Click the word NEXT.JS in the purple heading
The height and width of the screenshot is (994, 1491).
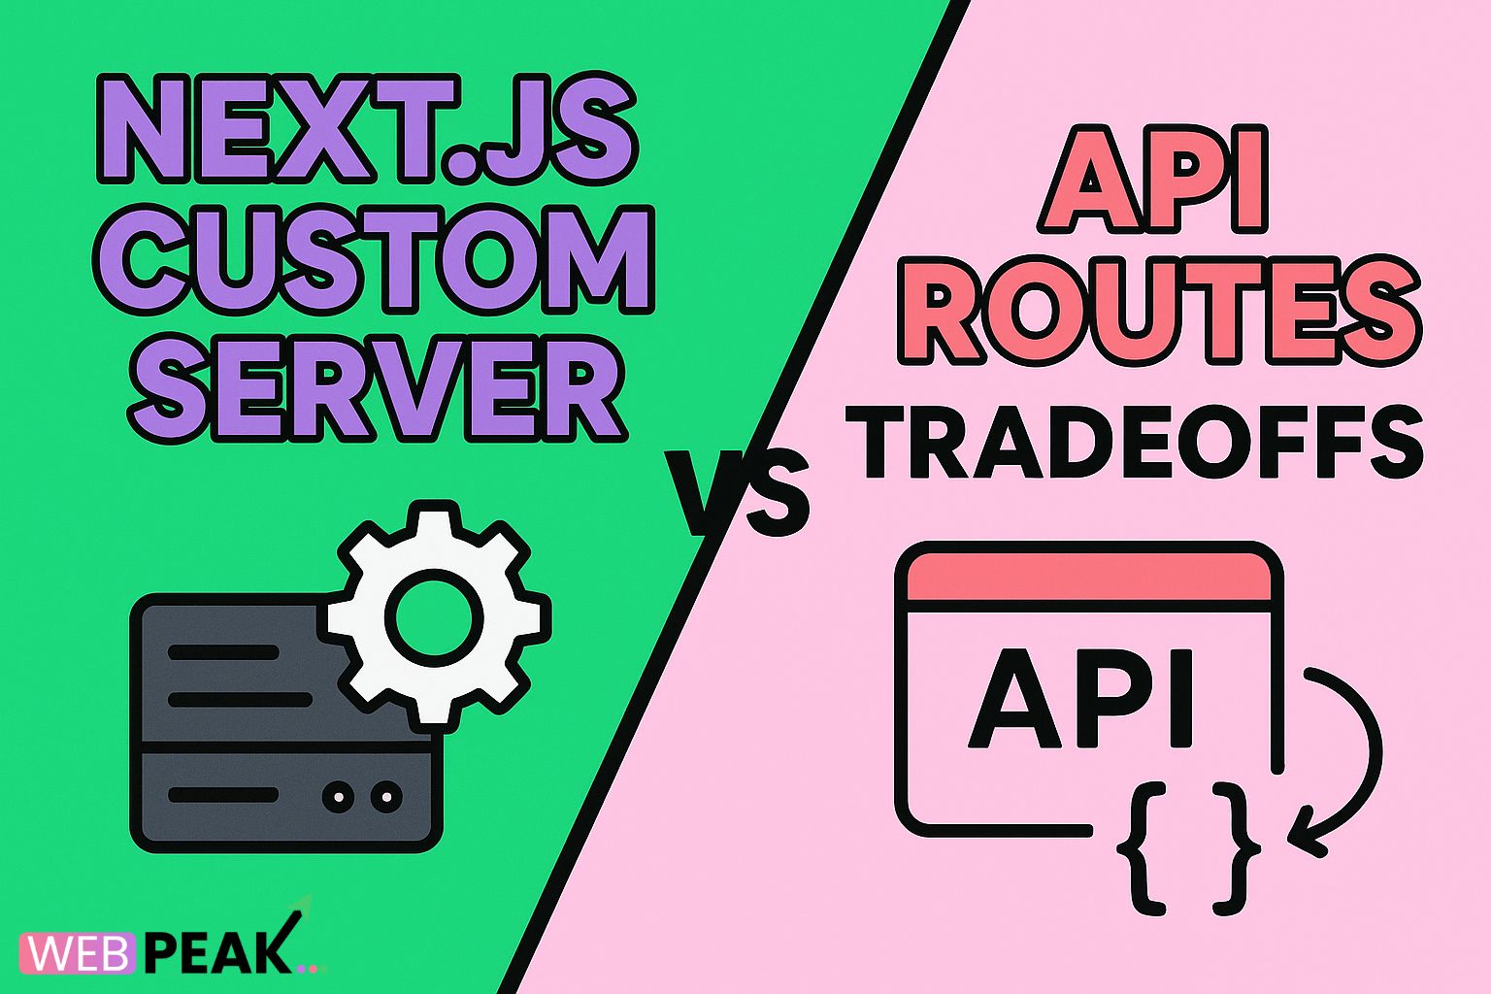pos(367,131)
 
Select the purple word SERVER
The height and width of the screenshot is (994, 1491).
pos(377,384)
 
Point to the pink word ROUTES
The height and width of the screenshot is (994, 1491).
pos(1159,312)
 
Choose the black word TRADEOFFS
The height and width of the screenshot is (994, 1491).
pos(1133,443)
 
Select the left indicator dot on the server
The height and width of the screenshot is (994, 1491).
pos(338,797)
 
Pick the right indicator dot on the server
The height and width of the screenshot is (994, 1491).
pos(386,797)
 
